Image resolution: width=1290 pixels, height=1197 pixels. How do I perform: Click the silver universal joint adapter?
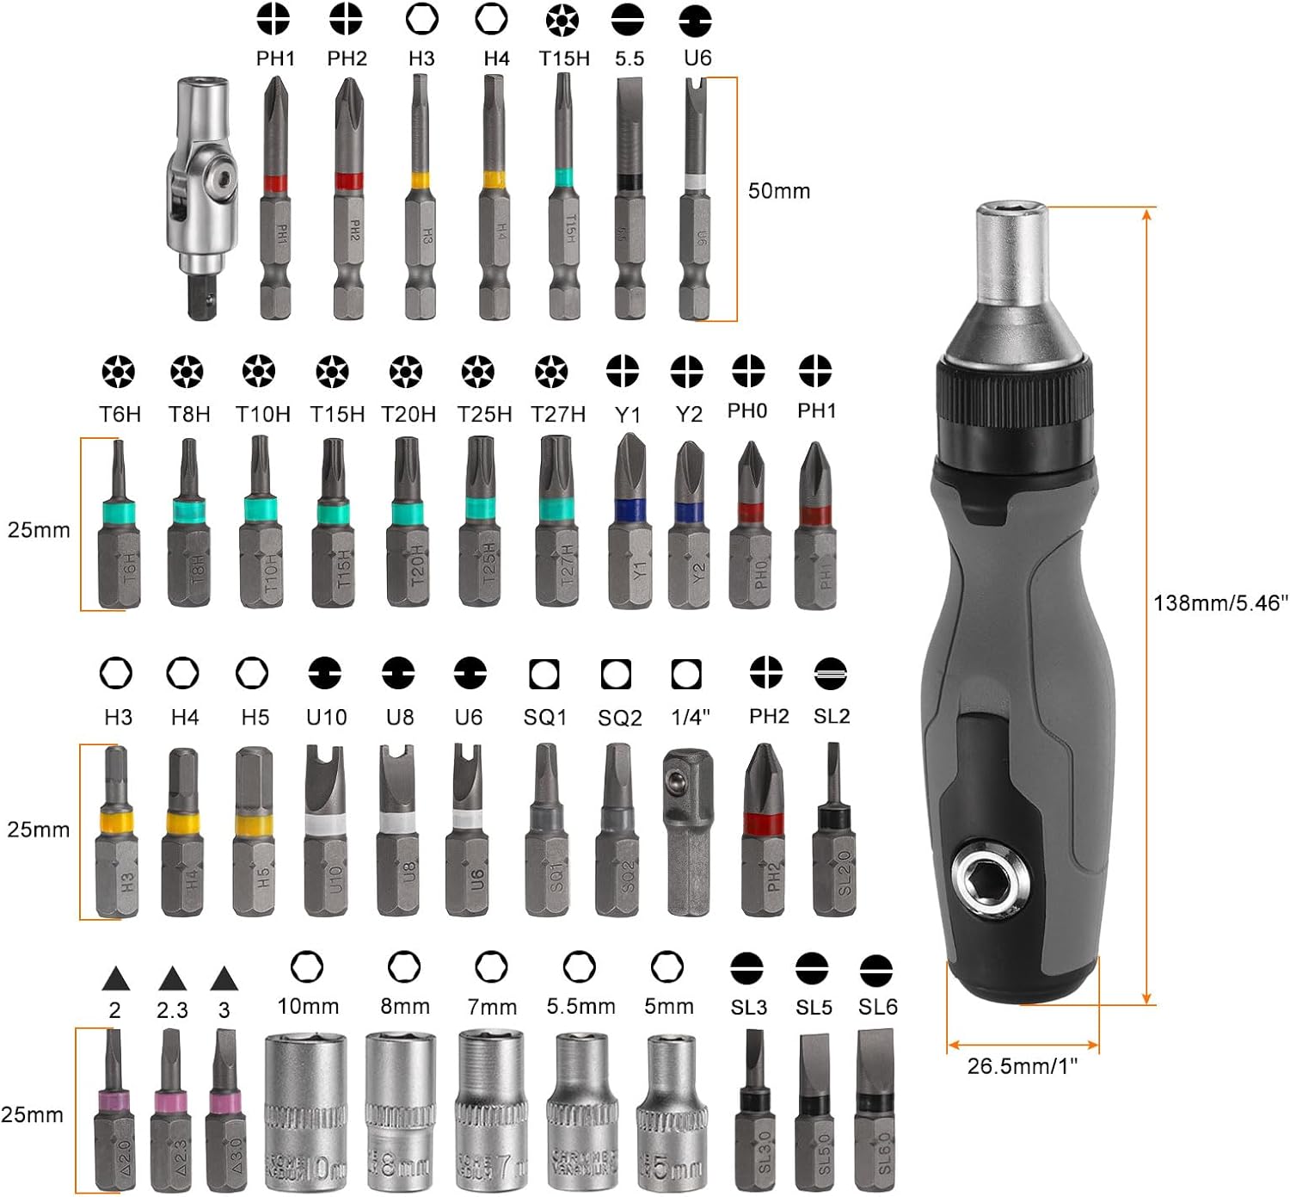(203, 198)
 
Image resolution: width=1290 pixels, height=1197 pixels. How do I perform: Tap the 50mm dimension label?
(778, 190)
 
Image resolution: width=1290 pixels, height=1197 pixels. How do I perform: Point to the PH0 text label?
(746, 410)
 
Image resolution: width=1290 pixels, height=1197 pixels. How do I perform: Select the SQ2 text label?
(619, 718)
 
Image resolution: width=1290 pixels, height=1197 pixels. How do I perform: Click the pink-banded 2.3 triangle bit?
(170, 1110)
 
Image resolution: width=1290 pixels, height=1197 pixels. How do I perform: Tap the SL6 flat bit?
(875, 1110)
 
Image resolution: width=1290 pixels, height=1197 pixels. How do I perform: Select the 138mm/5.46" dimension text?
(1220, 603)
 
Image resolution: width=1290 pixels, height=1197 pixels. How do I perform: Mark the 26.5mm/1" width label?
(1022, 1066)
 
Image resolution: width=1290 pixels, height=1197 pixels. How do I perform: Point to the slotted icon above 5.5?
(630, 20)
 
